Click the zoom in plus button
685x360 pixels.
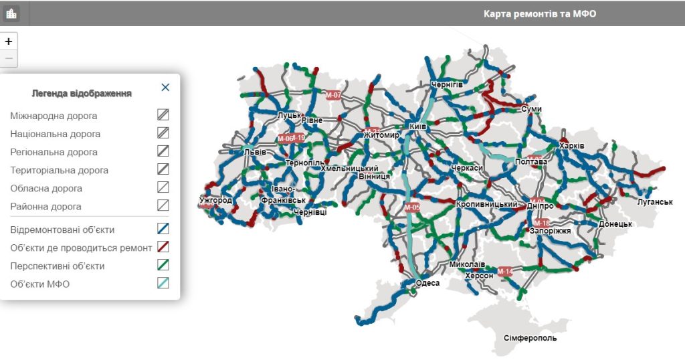(9, 41)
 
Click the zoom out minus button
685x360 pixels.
(9, 59)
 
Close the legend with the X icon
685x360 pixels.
(165, 87)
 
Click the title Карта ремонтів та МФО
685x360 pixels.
(540, 13)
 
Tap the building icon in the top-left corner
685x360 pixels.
(11, 13)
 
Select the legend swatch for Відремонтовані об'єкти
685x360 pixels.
(163, 229)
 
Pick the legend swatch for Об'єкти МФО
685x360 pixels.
(163, 283)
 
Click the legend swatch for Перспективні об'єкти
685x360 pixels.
(163, 265)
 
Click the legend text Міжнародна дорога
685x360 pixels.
(54, 116)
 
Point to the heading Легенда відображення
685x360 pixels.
(82, 93)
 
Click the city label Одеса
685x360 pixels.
(427, 283)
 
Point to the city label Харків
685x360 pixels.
(572, 146)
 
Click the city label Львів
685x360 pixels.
(255, 152)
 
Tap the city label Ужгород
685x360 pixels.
(215, 200)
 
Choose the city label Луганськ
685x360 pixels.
(655, 201)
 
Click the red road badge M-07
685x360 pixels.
(333, 95)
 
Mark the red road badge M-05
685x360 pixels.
(413, 207)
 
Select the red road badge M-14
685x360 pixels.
(504, 271)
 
